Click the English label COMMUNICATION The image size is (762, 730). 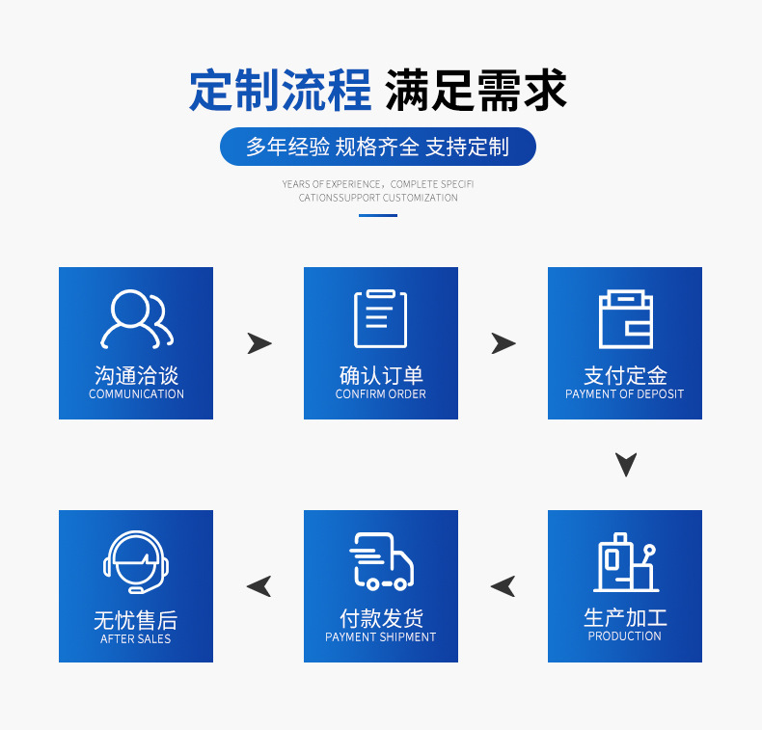tap(136, 393)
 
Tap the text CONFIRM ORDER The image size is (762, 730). tap(380, 393)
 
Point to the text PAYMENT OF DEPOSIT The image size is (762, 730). tap(624, 393)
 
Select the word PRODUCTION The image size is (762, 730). tap(624, 635)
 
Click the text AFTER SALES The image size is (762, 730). tap(136, 638)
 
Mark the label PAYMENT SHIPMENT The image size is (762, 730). tap(380, 636)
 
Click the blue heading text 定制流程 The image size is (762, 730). tap(281, 91)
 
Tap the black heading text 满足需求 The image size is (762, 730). tap(476, 91)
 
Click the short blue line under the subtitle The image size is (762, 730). tap(378, 215)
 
